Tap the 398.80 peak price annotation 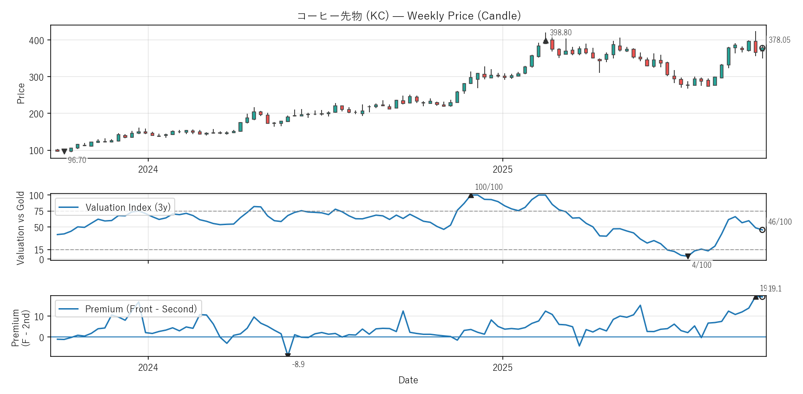point(560,32)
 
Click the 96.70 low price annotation point(77,160)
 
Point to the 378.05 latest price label point(779,40)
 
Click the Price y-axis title point(21,93)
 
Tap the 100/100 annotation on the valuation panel point(488,187)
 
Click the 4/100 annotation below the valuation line point(701,265)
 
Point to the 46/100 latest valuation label point(780,222)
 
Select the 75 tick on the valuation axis point(39,212)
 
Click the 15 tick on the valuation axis point(39,250)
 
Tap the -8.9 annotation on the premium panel point(298,364)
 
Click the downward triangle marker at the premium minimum point(288,355)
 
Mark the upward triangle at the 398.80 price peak point(546,41)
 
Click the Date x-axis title point(408,380)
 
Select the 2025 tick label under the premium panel point(502,368)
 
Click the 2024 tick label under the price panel point(148,169)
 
